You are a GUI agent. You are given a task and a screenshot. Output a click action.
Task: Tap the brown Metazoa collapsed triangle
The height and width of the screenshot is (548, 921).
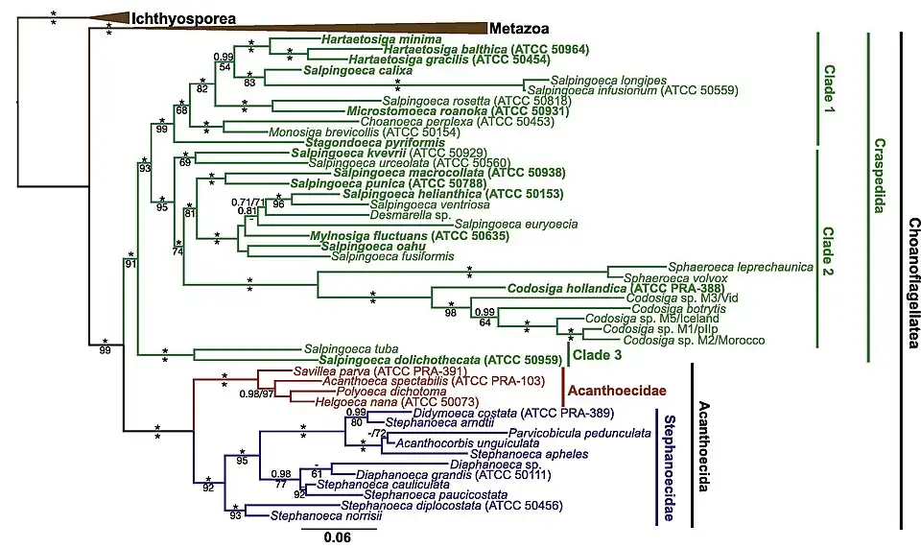(384, 28)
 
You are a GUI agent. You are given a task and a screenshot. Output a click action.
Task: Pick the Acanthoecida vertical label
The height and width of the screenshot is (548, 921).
(703, 447)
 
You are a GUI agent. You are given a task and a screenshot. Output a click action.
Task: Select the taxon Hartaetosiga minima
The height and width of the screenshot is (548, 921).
(354, 40)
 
